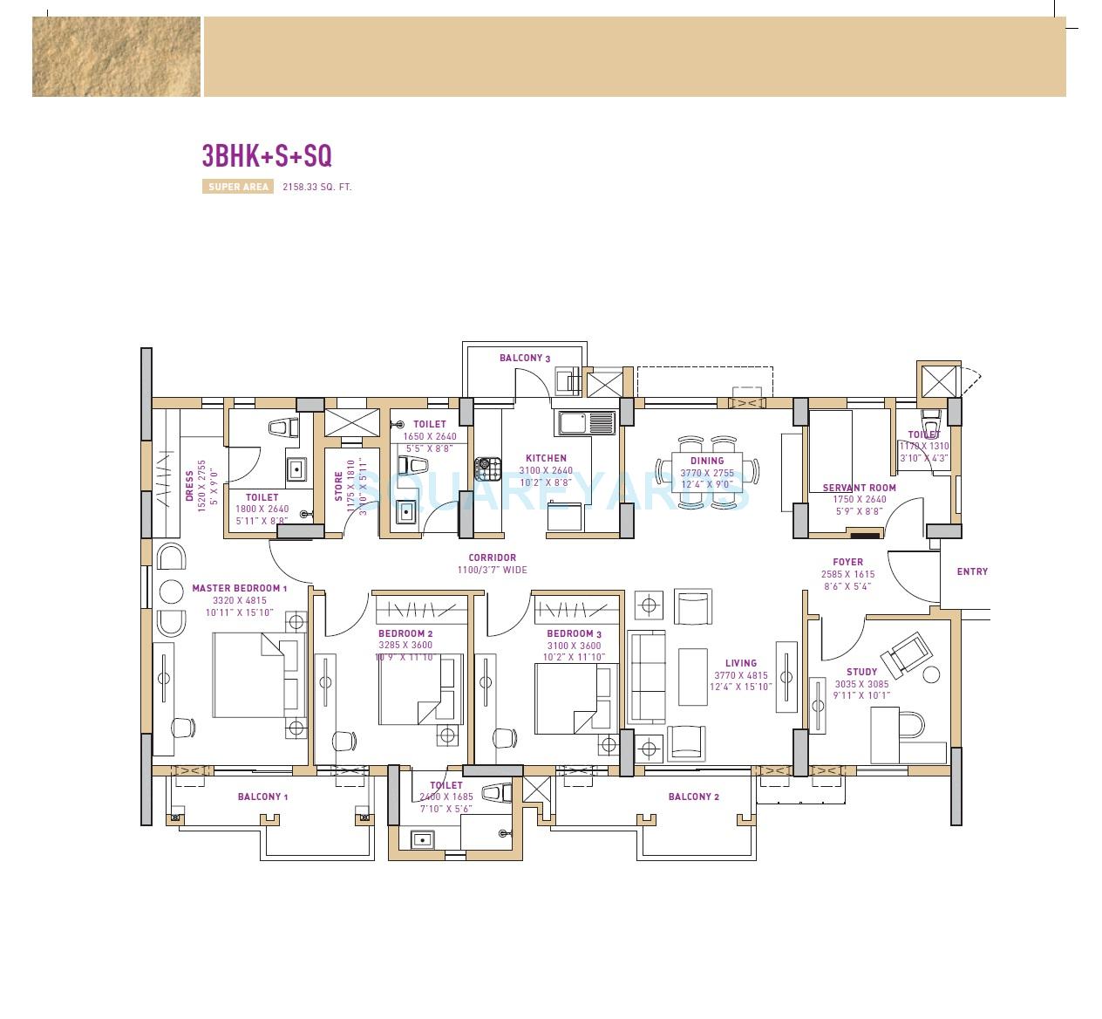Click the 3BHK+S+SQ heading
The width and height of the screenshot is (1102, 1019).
pos(267,155)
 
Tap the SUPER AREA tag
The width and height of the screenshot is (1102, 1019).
pos(238,187)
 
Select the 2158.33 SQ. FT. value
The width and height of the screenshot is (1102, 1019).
pos(316,187)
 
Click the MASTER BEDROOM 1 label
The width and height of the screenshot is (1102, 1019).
pos(240,588)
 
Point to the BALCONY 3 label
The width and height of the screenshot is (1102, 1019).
pos(525,358)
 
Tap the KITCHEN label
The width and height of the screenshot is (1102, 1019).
pos(546,458)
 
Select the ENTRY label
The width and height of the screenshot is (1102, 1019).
pos(972,571)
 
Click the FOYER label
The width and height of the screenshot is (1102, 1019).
pos(847,562)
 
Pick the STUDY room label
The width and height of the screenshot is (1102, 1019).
pos(861,672)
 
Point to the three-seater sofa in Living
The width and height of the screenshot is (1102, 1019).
pos(647,678)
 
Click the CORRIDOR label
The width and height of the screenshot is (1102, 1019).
pos(492,557)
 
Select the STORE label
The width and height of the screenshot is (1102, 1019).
pos(339,487)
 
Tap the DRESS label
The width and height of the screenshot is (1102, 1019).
pos(189,486)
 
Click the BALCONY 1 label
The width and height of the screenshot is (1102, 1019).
pos(262,797)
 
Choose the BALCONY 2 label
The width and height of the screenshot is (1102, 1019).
pos(693,797)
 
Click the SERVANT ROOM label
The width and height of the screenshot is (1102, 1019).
pos(859,488)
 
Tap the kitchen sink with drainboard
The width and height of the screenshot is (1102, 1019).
pos(587,423)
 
